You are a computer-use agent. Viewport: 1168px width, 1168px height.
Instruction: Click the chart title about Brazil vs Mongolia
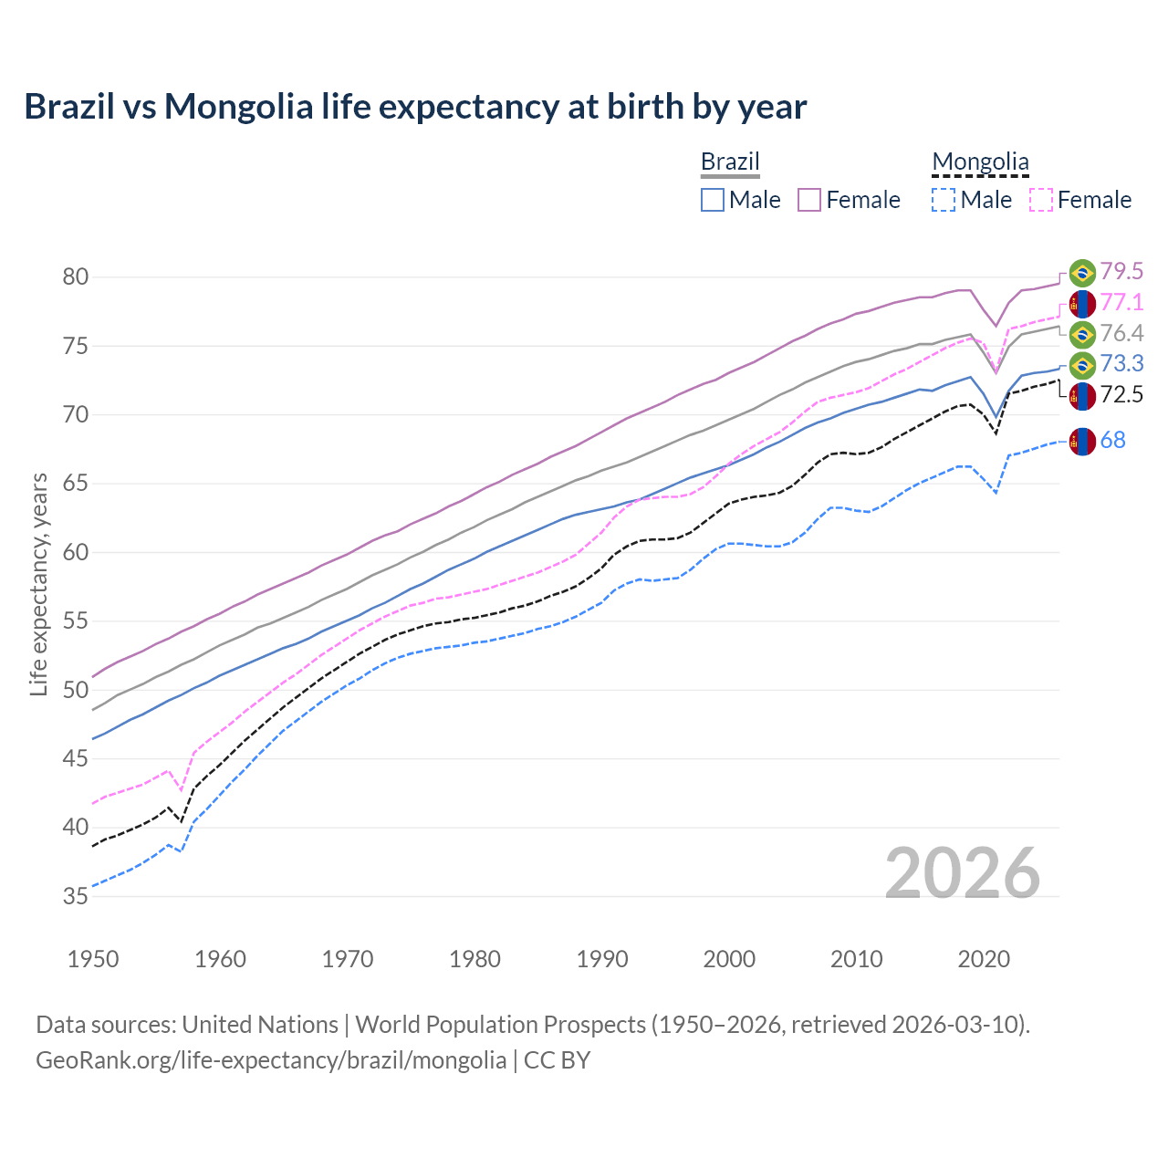(415, 107)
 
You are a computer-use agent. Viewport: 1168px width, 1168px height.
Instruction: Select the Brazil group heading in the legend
(730, 162)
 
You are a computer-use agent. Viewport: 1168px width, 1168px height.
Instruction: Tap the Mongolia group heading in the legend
(980, 162)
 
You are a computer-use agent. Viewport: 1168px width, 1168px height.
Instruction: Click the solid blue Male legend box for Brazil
(713, 200)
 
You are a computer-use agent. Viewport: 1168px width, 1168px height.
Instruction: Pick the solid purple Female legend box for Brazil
(809, 200)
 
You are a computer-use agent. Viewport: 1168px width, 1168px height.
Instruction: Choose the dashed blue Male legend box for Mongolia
(944, 200)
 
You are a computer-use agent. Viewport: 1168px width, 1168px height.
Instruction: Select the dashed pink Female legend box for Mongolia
(1041, 200)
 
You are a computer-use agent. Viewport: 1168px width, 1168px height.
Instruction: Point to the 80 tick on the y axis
(76, 276)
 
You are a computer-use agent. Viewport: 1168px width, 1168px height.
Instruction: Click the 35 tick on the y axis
(76, 896)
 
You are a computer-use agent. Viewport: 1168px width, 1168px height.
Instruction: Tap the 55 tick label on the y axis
(76, 621)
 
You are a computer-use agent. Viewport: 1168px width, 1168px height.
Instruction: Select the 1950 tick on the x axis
(93, 959)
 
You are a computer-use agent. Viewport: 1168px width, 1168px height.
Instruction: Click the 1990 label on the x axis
(602, 959)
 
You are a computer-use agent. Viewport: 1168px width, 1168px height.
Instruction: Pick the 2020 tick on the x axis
(984, 959)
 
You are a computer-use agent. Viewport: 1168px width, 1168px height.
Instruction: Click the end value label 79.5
(1121, 272)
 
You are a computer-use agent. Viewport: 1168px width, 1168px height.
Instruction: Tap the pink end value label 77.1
(1121, 303)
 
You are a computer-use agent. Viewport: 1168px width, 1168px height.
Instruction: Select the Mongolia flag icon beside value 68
(1082, 442)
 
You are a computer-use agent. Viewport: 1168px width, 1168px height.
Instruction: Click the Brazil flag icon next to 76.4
(1082, 334)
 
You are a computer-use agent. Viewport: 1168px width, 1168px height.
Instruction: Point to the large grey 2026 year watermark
(963, 873)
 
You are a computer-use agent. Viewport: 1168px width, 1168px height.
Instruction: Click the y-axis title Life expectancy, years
(38, 584)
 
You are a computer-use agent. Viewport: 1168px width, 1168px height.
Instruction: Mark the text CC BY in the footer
(557, 1060)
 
